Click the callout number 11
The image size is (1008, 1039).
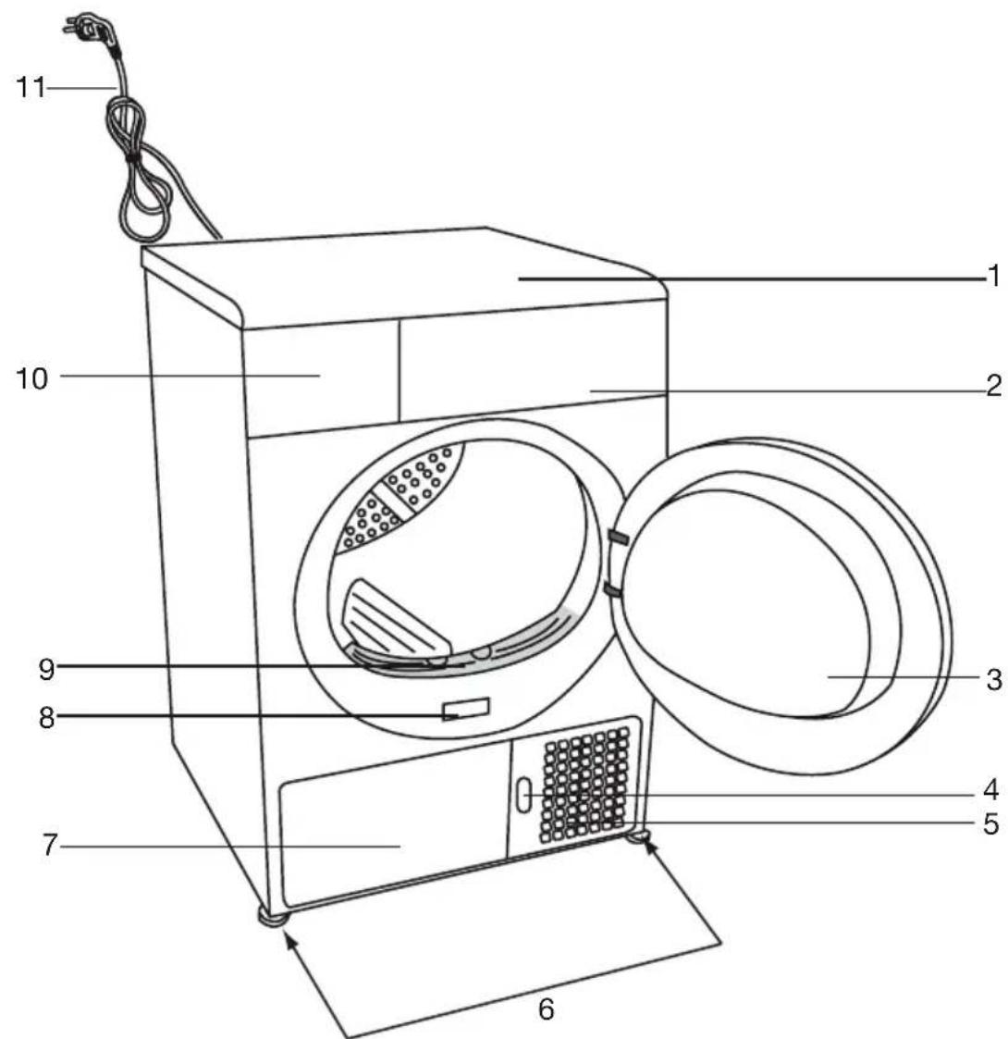click(31, 88)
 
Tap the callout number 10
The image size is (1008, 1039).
click(31, 379)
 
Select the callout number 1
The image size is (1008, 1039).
click(993, 276)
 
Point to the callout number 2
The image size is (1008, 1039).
click(993, 386)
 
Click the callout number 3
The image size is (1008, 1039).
click(993, 680)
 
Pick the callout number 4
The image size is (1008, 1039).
click(990, 790)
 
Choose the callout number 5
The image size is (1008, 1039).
click(990, 824)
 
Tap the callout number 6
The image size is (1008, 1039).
click(546, 1008)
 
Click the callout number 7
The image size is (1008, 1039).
click(50, 846)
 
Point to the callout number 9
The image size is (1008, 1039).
click(46, 669)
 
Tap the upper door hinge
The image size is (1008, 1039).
click(619, 536)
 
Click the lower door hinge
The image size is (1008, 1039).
click(613, 589)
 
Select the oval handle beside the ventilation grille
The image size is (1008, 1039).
click(523, 794)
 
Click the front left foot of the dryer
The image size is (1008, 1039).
click(273, 917)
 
